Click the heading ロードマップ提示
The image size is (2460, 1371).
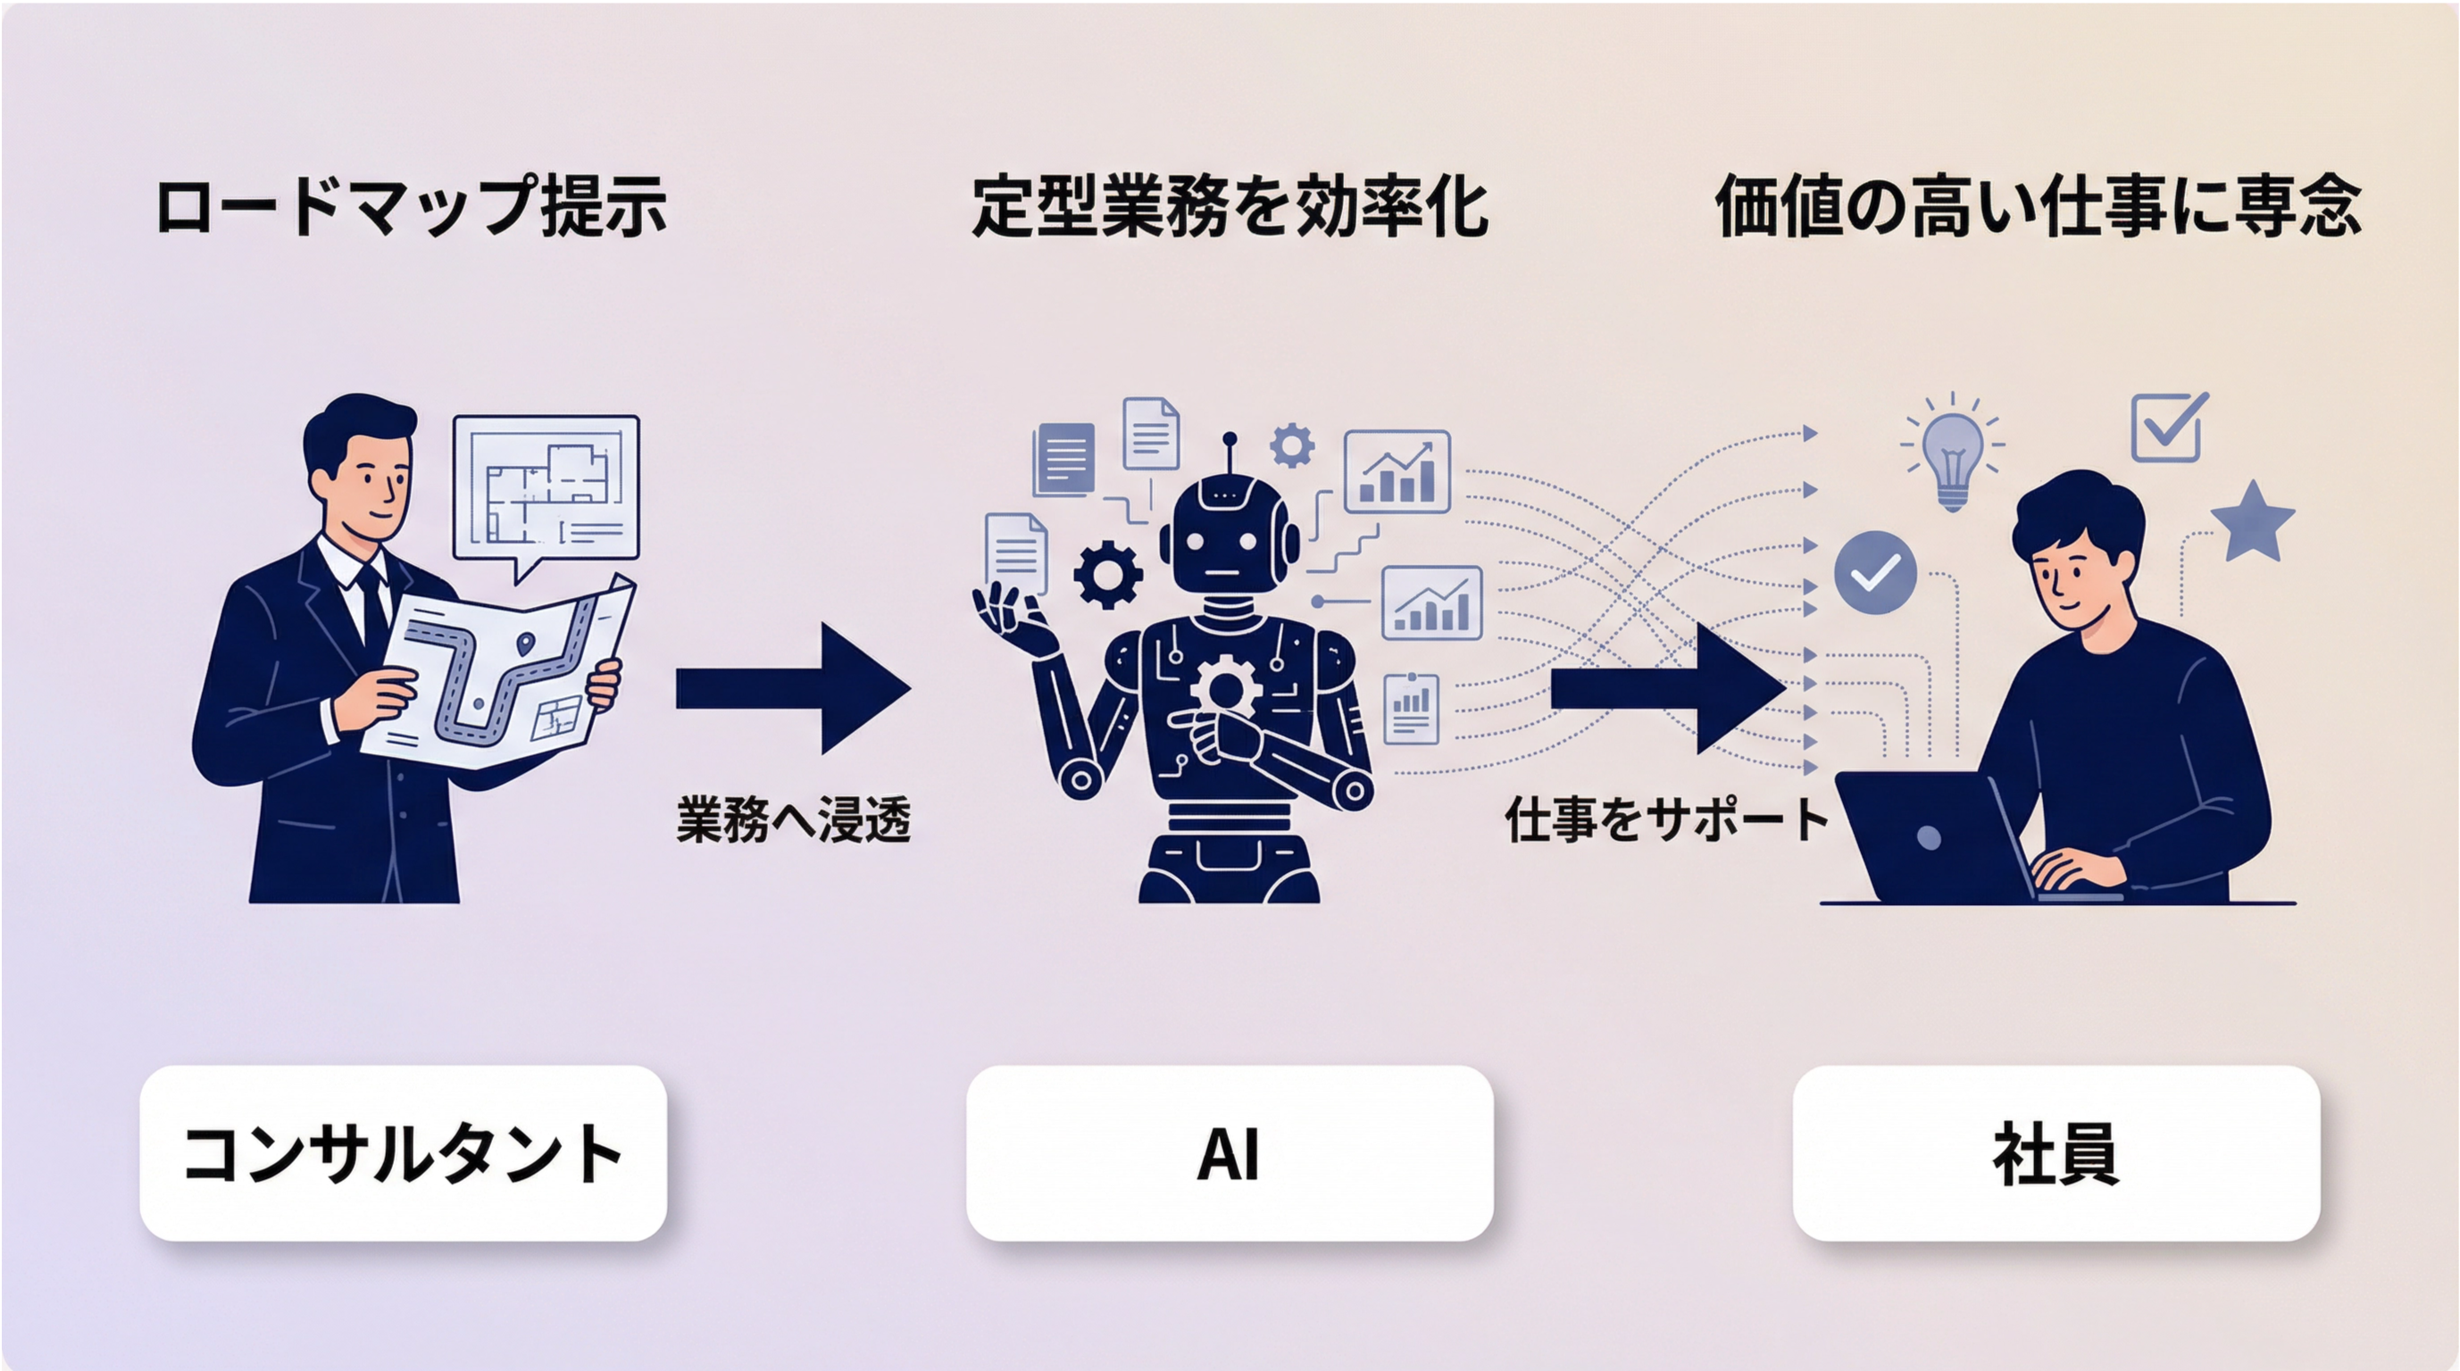411,205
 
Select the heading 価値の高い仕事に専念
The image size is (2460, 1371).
2038,205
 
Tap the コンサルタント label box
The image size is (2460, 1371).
403,1153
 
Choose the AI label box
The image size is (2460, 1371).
1229,1153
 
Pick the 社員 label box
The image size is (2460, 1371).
2056,1153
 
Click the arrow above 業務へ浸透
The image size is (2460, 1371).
793,688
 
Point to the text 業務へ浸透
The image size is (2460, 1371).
794,820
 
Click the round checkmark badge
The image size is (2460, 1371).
1875,572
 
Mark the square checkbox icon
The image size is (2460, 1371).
2168,428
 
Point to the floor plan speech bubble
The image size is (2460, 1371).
546,489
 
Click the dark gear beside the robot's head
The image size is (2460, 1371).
1108,574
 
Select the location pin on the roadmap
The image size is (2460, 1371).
524,644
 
